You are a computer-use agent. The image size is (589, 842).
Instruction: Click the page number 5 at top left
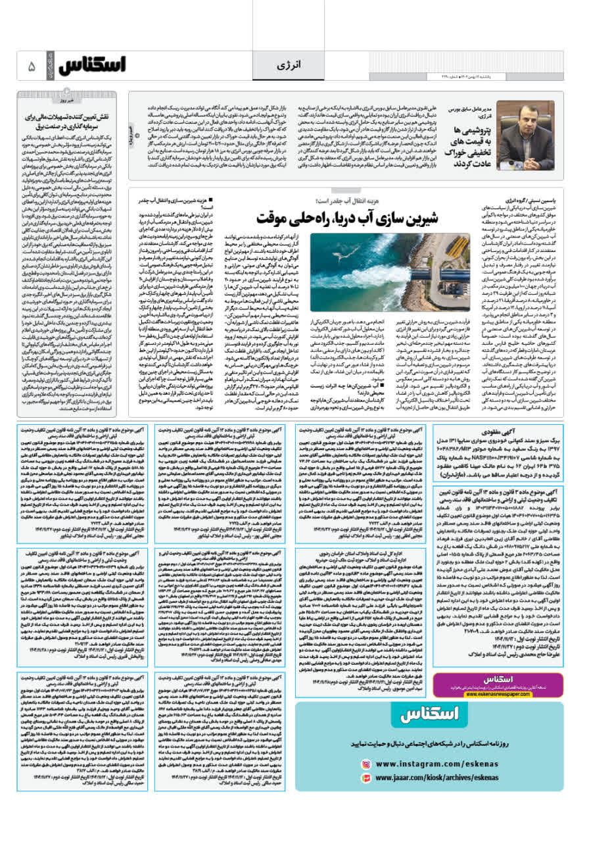point(32,67)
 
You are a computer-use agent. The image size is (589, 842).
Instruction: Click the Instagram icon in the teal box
point(365,764)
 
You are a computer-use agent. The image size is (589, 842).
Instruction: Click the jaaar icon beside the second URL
point(365,778)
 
